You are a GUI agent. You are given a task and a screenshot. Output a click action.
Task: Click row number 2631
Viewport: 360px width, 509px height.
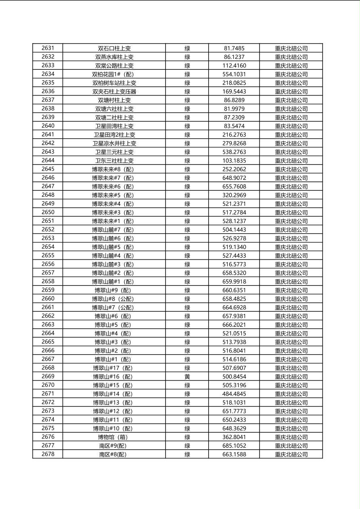click(48, 48)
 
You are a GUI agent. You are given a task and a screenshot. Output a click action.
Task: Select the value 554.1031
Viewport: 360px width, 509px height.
click(234, 74)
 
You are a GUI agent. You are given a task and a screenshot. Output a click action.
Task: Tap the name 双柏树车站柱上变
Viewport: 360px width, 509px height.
click(114, 83)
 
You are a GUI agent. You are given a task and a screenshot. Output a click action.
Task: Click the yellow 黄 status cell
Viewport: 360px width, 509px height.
click(187, 376)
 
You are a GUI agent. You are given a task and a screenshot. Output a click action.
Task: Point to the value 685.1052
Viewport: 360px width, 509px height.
click(234, 446)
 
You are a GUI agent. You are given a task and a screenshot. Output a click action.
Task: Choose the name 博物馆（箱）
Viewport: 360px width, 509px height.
click(114, 437)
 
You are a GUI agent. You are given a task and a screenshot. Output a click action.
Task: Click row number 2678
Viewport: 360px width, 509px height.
click(48, 454)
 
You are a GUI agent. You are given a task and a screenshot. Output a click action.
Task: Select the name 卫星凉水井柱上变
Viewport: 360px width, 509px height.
click(114, 143)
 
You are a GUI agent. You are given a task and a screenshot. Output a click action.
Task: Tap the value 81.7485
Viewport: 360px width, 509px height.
click(234, 48)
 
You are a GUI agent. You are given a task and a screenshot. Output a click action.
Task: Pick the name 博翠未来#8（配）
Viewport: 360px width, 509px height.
click(114, 169)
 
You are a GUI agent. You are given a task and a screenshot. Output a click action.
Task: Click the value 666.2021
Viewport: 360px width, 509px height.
click(234, 325)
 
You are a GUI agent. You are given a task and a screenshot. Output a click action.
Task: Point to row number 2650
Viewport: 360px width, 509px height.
click(48, 212)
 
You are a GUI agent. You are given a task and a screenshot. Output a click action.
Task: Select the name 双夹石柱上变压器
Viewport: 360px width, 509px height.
click(114, 92)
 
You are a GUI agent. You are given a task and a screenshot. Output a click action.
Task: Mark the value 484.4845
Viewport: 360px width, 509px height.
click(234, 394)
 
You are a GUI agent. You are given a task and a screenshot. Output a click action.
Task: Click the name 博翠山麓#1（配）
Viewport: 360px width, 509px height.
click(114, 282)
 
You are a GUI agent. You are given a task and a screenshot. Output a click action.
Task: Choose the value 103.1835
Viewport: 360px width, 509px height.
click(234, 161)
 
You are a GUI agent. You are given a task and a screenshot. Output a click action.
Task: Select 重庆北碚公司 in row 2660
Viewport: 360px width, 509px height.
click(291, 299)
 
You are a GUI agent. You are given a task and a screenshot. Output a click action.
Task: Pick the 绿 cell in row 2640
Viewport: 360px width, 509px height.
click(187, 126)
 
